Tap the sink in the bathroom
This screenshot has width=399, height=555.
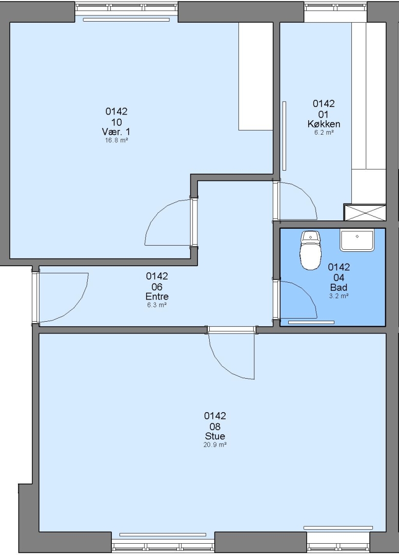coord(357,240)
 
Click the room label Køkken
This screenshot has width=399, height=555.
coord(324,124)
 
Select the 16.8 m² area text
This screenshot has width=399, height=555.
coord(116,140)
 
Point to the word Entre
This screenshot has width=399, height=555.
coord(157,297)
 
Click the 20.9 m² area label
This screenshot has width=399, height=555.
coord(215,445)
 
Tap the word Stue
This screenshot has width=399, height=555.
coord(215,436)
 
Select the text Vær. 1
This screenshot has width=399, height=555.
coord(116,132)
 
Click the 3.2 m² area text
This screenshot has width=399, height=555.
coord(339,296)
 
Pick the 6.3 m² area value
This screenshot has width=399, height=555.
coord(157,305)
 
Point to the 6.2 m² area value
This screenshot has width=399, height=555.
coord(324,133)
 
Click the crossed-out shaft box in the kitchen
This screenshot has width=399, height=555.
coord(365,212)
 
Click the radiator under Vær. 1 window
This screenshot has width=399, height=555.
coord(126,20)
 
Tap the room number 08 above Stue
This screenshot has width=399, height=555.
coord(215,427)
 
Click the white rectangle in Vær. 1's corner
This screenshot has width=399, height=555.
coord(255,77)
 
